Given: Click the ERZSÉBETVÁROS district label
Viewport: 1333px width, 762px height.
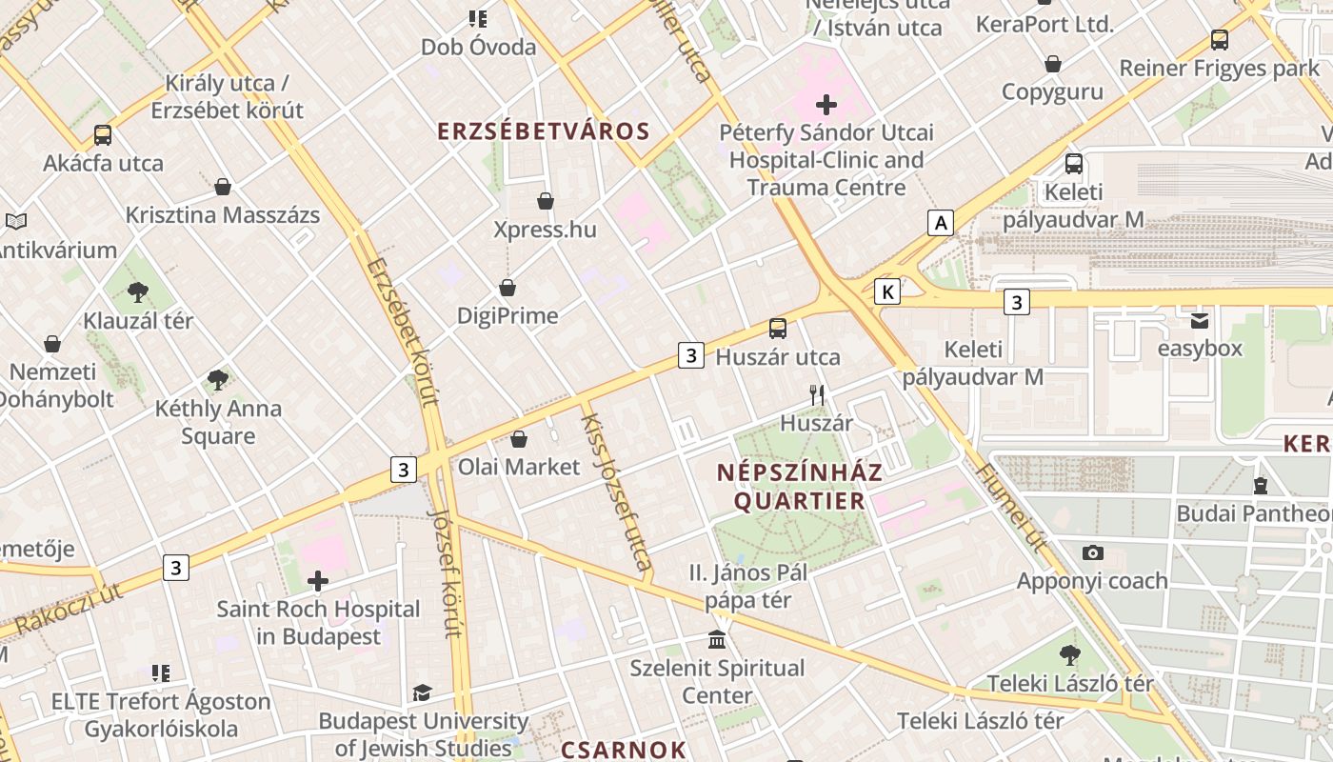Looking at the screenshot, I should [x=543, y=131].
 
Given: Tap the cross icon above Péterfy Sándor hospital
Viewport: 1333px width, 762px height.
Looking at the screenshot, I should [x=826, y=104].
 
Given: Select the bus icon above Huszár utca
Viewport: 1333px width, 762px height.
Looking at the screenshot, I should [x=778, y=329].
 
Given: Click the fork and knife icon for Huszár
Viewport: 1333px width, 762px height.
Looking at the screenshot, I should [x=816, y=394].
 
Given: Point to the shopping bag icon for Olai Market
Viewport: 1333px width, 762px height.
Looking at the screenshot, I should [x=519, y=439].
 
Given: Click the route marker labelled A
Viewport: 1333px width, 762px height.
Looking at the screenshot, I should [x=941, y=223].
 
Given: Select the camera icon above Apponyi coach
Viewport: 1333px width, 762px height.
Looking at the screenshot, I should [x=1092, y=552].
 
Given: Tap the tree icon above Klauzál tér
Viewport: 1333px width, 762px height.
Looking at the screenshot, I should [x=138, y=291].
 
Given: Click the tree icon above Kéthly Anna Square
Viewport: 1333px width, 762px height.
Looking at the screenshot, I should [x=218, y=380].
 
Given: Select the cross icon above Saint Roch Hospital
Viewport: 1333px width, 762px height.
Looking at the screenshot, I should [x=318, y=580].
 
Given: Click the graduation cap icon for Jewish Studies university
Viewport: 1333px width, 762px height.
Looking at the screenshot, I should [x=422, y=692].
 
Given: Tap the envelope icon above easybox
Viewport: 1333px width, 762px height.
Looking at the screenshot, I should [x=1200, y=320].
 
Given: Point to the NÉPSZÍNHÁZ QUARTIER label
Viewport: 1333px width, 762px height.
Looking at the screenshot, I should [x=799, y=487].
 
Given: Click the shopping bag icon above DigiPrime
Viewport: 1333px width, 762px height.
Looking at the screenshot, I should [x=507, y=288].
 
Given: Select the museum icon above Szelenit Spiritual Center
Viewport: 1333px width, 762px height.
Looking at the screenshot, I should [x=717, y=639].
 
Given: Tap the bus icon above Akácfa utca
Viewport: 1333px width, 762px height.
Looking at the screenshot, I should [x=103, y=135].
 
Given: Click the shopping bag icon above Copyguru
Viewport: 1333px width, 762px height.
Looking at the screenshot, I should [x=1052, y=64].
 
